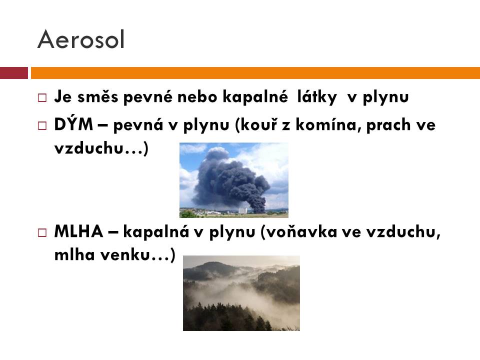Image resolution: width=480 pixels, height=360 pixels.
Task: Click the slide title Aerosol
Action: click(x=81, y=39)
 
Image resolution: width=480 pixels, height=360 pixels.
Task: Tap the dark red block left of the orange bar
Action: click(x=14, y=73)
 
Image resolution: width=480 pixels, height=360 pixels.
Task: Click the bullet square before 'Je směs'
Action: click(x=42, y=98)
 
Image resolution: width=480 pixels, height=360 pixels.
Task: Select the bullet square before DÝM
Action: click(x=42, y=125)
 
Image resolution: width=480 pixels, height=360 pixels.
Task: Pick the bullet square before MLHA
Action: click(x=42, y=232)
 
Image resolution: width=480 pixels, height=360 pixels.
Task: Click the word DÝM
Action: click(x=73, y=124)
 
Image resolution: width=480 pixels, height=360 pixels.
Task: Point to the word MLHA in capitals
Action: click(x=78, y=231)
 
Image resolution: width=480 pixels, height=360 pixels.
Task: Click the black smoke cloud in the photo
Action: click(x=230, y=180)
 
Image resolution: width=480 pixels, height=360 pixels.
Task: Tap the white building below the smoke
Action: click(x=242, y=210)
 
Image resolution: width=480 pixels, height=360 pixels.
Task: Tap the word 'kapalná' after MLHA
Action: click(x=156, y=232)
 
